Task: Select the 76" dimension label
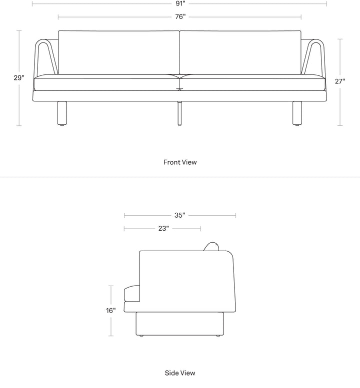point(180,17)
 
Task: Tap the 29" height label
point(19,78)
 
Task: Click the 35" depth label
point(180,216)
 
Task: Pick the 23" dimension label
point(163,229)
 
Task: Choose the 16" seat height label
point(110,310)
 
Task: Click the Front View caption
point(180,162)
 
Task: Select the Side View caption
point(180,373)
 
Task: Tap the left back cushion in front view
point(119,52)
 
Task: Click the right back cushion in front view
point(240,52)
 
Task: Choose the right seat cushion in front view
point(253,83)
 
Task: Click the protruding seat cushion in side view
point(131,294)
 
